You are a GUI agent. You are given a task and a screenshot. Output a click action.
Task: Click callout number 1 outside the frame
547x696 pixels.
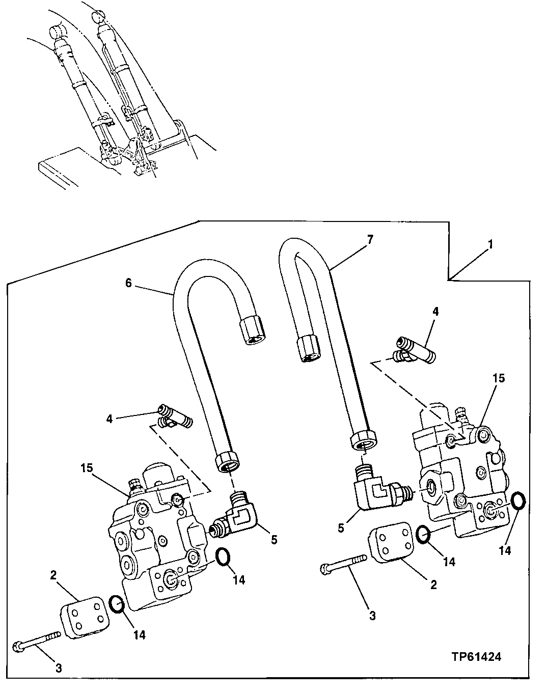coord(490,245)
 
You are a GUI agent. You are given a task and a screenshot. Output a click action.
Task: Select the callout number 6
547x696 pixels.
coord(129,283)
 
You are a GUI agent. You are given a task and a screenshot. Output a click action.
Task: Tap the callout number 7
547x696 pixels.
coord(370,238)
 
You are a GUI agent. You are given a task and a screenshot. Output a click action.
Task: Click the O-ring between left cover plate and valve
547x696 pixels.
coord(117,604)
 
